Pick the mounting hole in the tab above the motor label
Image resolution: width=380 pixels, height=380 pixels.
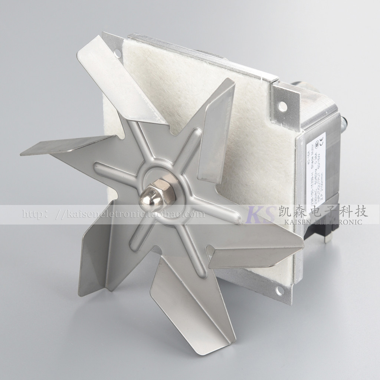pos(282,106)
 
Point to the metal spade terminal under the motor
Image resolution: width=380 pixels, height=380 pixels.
pos(326,237)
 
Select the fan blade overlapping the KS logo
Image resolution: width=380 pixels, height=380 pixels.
pos(256,245)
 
